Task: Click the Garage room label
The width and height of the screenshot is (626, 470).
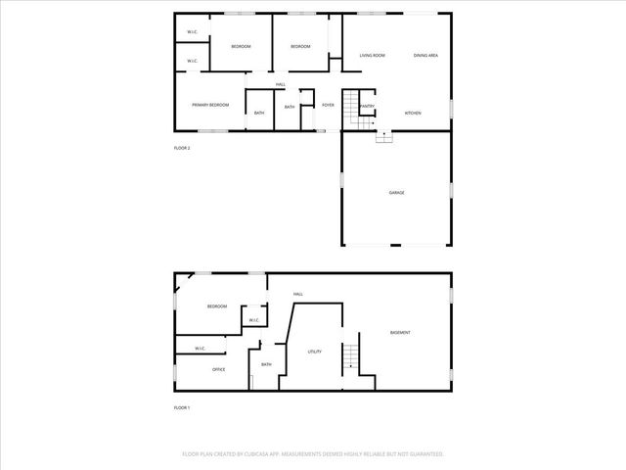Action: (396, 193)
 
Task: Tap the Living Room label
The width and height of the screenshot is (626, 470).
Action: (372, 56)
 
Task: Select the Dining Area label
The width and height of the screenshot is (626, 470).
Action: (425, 56)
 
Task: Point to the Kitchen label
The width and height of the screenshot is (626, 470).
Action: (414, 114)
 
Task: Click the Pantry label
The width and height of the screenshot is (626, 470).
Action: (367, 106)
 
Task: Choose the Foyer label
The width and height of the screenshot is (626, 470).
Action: (329, 105)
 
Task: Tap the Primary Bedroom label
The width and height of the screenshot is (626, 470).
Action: (209, 105)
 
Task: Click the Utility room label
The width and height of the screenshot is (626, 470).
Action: (315, 352)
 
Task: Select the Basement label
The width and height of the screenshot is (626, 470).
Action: (400, 333)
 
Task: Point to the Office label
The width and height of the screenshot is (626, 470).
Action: (219, 370)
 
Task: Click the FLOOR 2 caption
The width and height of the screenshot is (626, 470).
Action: (182, 148)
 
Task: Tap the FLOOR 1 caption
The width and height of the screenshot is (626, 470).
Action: (182, 407)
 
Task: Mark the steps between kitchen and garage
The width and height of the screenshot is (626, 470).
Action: (384, 137)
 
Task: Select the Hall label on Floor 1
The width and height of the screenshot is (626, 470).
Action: (298, 294)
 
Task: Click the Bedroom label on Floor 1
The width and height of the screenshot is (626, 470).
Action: (217, 307)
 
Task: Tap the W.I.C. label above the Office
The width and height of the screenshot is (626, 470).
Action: (200, 349)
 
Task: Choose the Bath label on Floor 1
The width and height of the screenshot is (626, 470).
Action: (266, 365)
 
